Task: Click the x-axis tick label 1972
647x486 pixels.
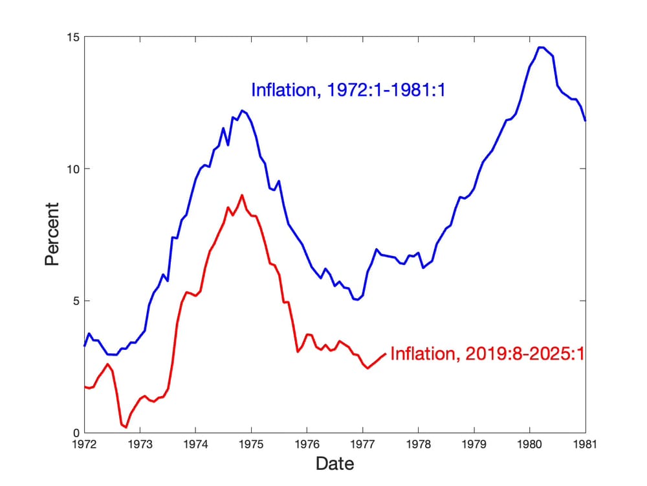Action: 84,445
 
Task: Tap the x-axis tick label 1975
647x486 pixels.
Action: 251,445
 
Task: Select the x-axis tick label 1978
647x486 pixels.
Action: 418,445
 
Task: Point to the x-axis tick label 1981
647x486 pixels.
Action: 586,445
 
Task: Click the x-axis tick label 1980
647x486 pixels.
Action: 530,445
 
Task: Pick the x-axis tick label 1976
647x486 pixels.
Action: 307,445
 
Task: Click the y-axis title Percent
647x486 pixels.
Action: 52,234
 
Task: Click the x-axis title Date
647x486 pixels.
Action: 334,464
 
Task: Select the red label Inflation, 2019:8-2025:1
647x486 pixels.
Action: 488,354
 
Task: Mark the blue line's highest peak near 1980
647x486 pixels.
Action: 541,47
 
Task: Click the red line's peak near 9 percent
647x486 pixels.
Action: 242,195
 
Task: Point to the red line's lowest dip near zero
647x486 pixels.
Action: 126,427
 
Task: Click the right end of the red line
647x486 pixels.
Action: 386,354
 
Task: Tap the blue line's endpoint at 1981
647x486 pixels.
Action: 585,121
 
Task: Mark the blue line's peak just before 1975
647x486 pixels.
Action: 242,110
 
